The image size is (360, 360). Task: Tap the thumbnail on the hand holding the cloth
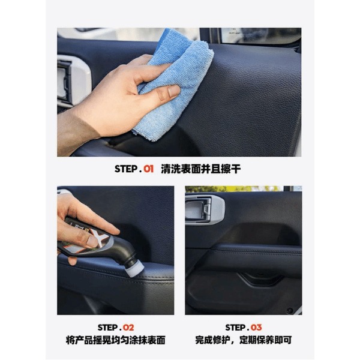click(173, 91)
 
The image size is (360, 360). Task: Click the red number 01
click(149, 169)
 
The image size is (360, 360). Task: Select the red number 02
click(128, 328)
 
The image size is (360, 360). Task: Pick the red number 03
click(256, 328)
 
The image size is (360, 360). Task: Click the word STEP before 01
click(126, 169)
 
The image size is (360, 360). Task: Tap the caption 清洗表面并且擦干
click(200, 169)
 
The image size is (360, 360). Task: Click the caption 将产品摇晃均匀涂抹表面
click(115, 340)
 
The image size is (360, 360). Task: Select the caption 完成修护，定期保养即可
click(244, 340)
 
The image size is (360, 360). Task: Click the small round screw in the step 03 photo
click(289, 310)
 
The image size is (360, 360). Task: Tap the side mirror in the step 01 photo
click(260, 35)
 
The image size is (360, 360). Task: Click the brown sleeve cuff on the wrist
click(76, 133)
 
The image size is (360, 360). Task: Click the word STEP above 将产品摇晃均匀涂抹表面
click(107, 328)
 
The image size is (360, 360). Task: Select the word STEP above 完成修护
click(235, 328)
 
